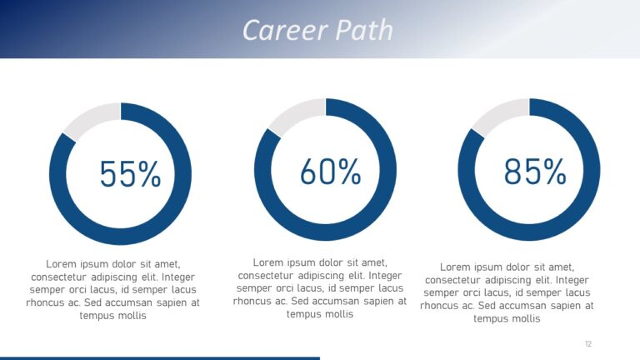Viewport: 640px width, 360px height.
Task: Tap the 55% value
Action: click(130, 174)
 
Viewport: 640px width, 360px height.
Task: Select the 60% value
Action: click(330, 172)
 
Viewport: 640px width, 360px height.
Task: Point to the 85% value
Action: click(534, 172)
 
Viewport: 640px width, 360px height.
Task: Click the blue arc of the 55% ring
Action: click(121, 237)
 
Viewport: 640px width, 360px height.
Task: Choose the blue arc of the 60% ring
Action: click(326, 232)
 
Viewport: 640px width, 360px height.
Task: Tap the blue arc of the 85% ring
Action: click(529, 232)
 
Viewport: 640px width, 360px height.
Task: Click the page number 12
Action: click(588, 343)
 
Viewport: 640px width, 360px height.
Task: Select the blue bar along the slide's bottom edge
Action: click(158, 357)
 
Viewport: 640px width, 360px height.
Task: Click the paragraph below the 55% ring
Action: click(113, 289)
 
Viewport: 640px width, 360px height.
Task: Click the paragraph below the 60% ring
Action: click(320, 287)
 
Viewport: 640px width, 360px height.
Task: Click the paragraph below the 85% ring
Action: click(507, 292)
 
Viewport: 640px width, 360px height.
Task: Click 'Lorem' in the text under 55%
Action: click(62, 263)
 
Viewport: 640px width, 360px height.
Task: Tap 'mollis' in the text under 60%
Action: click(337, 314)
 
